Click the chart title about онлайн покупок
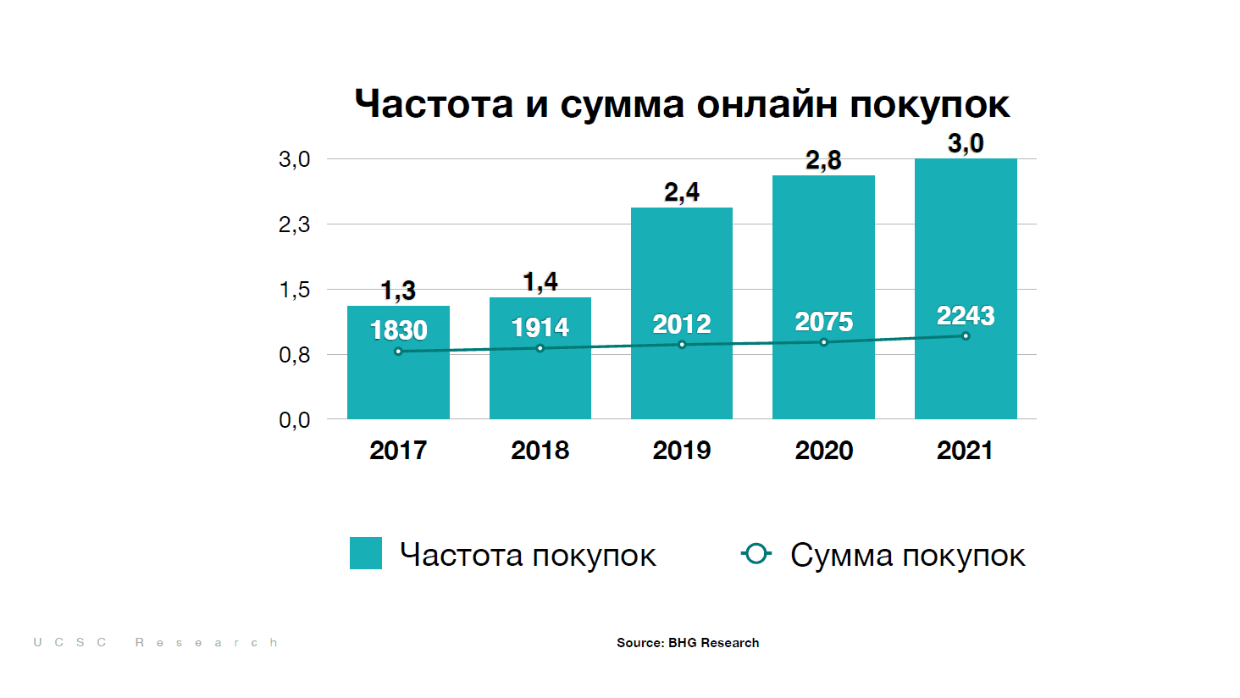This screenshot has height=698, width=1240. (682, 104)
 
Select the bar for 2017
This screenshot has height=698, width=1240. (398, 381)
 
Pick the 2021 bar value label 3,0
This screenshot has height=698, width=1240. (966, 143)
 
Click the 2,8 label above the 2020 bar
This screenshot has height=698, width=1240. (823, 160)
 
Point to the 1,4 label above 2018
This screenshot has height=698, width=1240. (540, 281)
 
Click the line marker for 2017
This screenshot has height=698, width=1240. (398, 352)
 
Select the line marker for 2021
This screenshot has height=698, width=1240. (966, 336)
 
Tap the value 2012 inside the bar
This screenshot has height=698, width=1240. (682, 324)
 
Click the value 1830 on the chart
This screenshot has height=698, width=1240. (398, 330)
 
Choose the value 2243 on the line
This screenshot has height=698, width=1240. (966, 315)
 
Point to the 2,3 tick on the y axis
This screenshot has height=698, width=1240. (295, 224)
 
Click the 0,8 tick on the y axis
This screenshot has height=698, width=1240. (295, 355)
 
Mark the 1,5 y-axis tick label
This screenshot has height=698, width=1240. (295, 290)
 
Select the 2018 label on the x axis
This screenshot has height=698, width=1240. (540, 450)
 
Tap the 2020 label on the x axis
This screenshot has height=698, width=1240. (823, 450)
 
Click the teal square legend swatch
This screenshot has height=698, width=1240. (366, 553)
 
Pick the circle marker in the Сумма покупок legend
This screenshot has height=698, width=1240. (756, 554)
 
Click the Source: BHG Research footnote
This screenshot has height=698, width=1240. (688, 643)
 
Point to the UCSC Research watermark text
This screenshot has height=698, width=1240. (156, 643)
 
